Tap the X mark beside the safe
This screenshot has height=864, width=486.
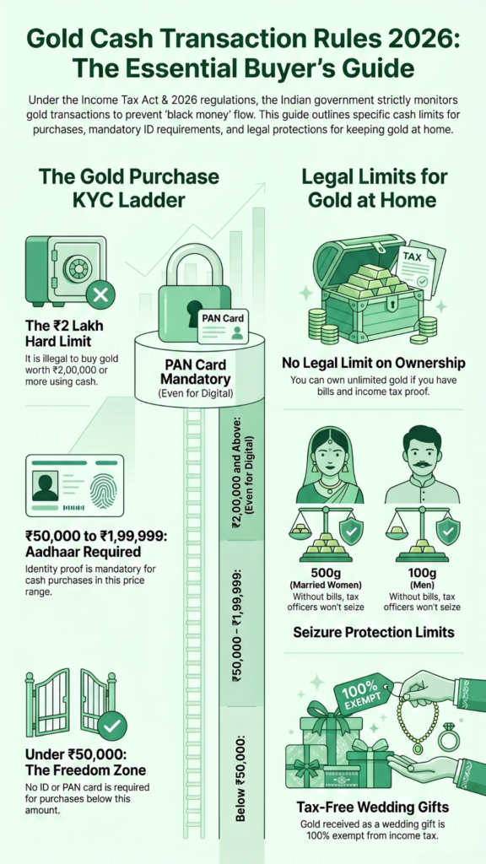(100, 295)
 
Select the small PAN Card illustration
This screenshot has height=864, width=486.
(222, 327)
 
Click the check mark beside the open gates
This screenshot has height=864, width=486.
(111, 724)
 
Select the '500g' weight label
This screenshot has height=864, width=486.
(326, 571)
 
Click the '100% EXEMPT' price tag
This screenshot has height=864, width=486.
(363, 694)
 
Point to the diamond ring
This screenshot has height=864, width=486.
(448, 737)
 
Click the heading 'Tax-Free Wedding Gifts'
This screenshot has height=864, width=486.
(372, 807)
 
